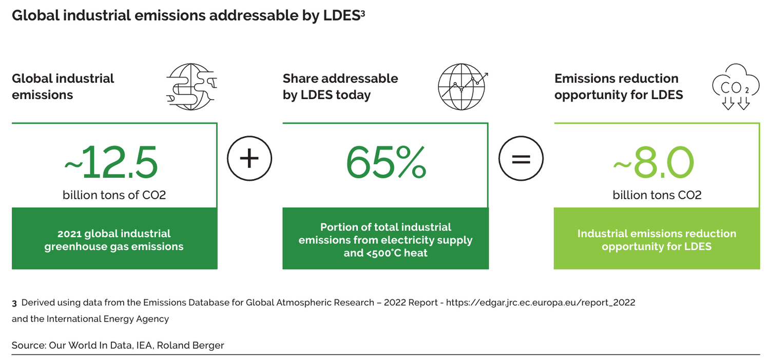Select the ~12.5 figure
111,161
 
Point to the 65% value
386,161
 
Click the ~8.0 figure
654,161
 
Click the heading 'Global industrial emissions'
63,86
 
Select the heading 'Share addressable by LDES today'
340,86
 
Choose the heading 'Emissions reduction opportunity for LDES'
619,86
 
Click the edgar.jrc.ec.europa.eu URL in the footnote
541,302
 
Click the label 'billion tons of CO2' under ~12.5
114,195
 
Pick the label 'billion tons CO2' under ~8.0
657,195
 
